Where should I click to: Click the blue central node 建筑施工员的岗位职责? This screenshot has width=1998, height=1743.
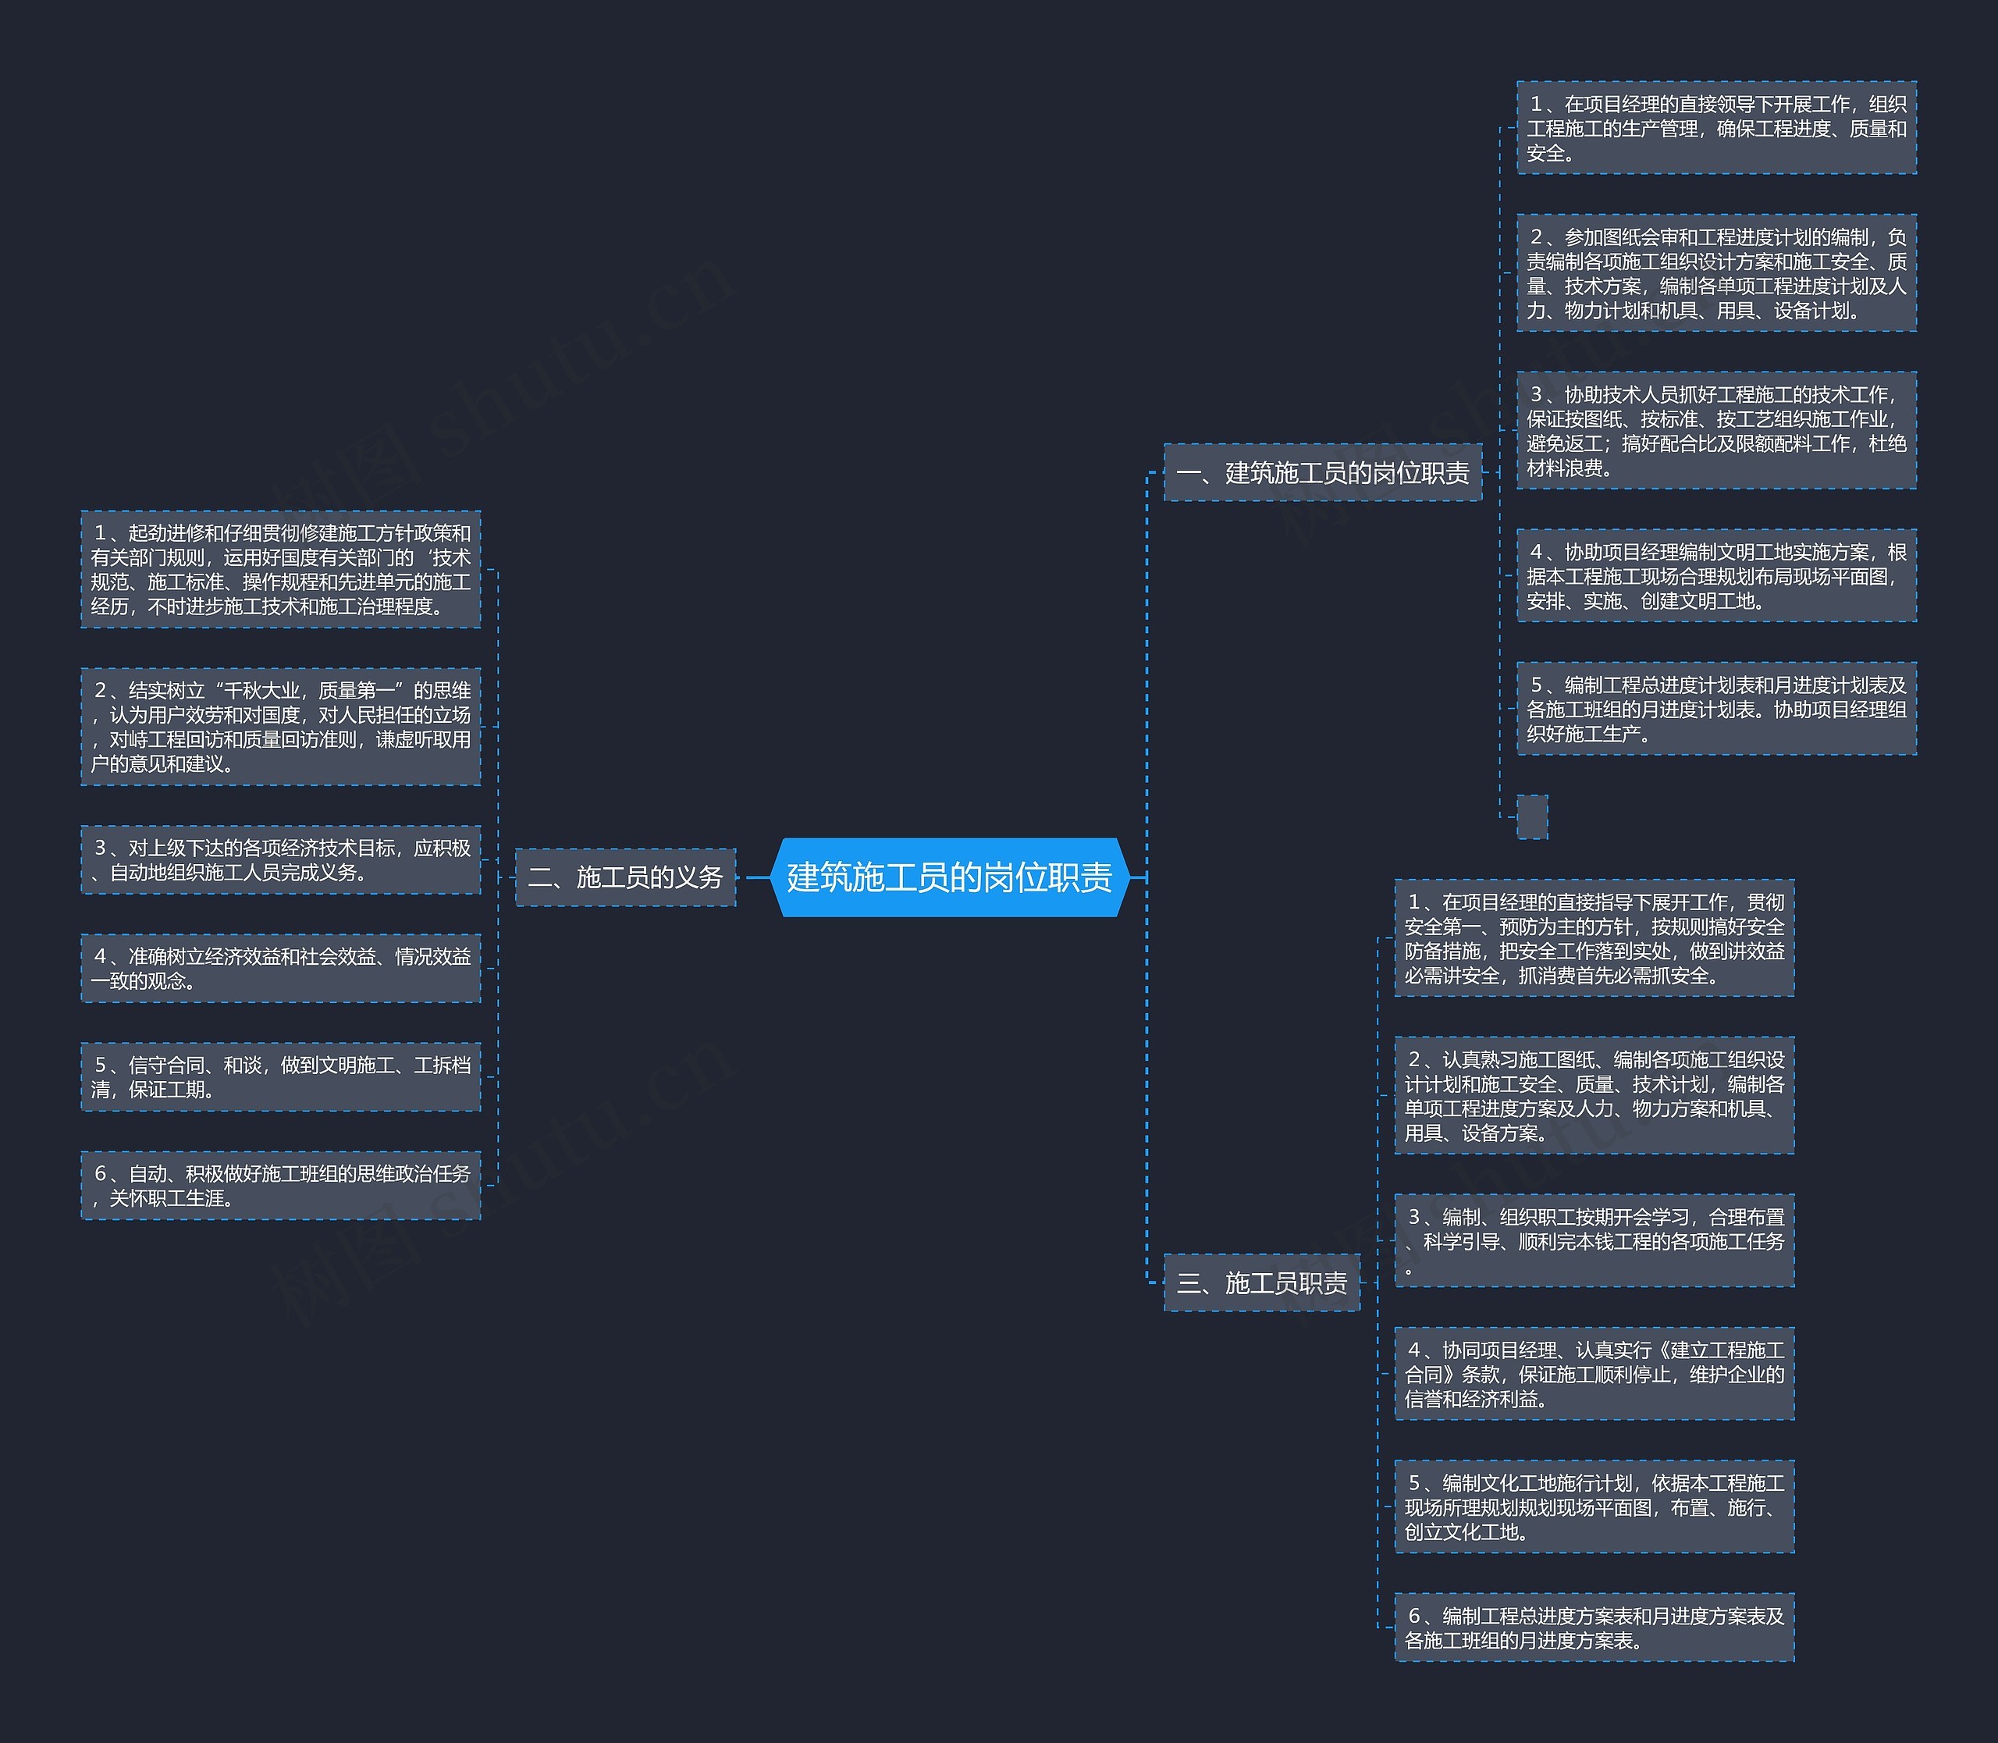pyautogui.click(x=948, y=877)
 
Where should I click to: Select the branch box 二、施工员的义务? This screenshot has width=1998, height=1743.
pyautogui.click(x=624, y=877)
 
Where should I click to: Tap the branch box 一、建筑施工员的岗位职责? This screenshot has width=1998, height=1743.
pyautogui.click(x=1322, y=473)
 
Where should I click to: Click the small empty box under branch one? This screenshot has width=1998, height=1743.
pyautogui.click(x=1531, y=817)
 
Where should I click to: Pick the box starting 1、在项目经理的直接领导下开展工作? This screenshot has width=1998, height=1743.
pyautogui.click(x=1716, y=128)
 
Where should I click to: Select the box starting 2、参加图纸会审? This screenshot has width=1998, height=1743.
pyautogui.click(x=1716, y=273)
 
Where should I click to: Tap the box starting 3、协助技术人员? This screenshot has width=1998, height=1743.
pyautogui.click(x=1716, y=430)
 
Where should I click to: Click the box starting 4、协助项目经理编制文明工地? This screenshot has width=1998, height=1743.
pyautogui.click(x=1716, y=576)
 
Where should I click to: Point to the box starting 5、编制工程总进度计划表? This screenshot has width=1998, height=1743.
pyautogui.click(x=1716, y=709)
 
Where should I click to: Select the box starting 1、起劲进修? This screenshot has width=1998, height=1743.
pyautogui.click(x=280, y=569)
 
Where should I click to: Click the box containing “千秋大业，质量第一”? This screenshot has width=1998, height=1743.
pyautogui.click(x=280, y=727)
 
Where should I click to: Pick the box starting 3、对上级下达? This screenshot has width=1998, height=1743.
pyautogui.click(x=280, y=860)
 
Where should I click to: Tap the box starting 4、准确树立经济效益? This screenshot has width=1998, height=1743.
pyautogui.click(x=280, y=969)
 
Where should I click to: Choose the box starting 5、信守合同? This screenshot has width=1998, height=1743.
pyautogui.click(x=280, y=1076)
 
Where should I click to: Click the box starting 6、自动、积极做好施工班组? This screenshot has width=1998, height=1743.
pyautogui.click(x=280, y=1186)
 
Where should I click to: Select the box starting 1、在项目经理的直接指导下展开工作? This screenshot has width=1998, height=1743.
pyautogui.click(x=1594, y=938)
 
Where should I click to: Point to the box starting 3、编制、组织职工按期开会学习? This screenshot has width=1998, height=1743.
pyautogui.click(x=1594, y=1241)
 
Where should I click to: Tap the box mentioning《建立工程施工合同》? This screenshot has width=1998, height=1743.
pyautogui.click(x=1594, y=1373)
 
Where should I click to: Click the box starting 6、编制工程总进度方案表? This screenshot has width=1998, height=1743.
pyautogui.click(x=1594, y=1627)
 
